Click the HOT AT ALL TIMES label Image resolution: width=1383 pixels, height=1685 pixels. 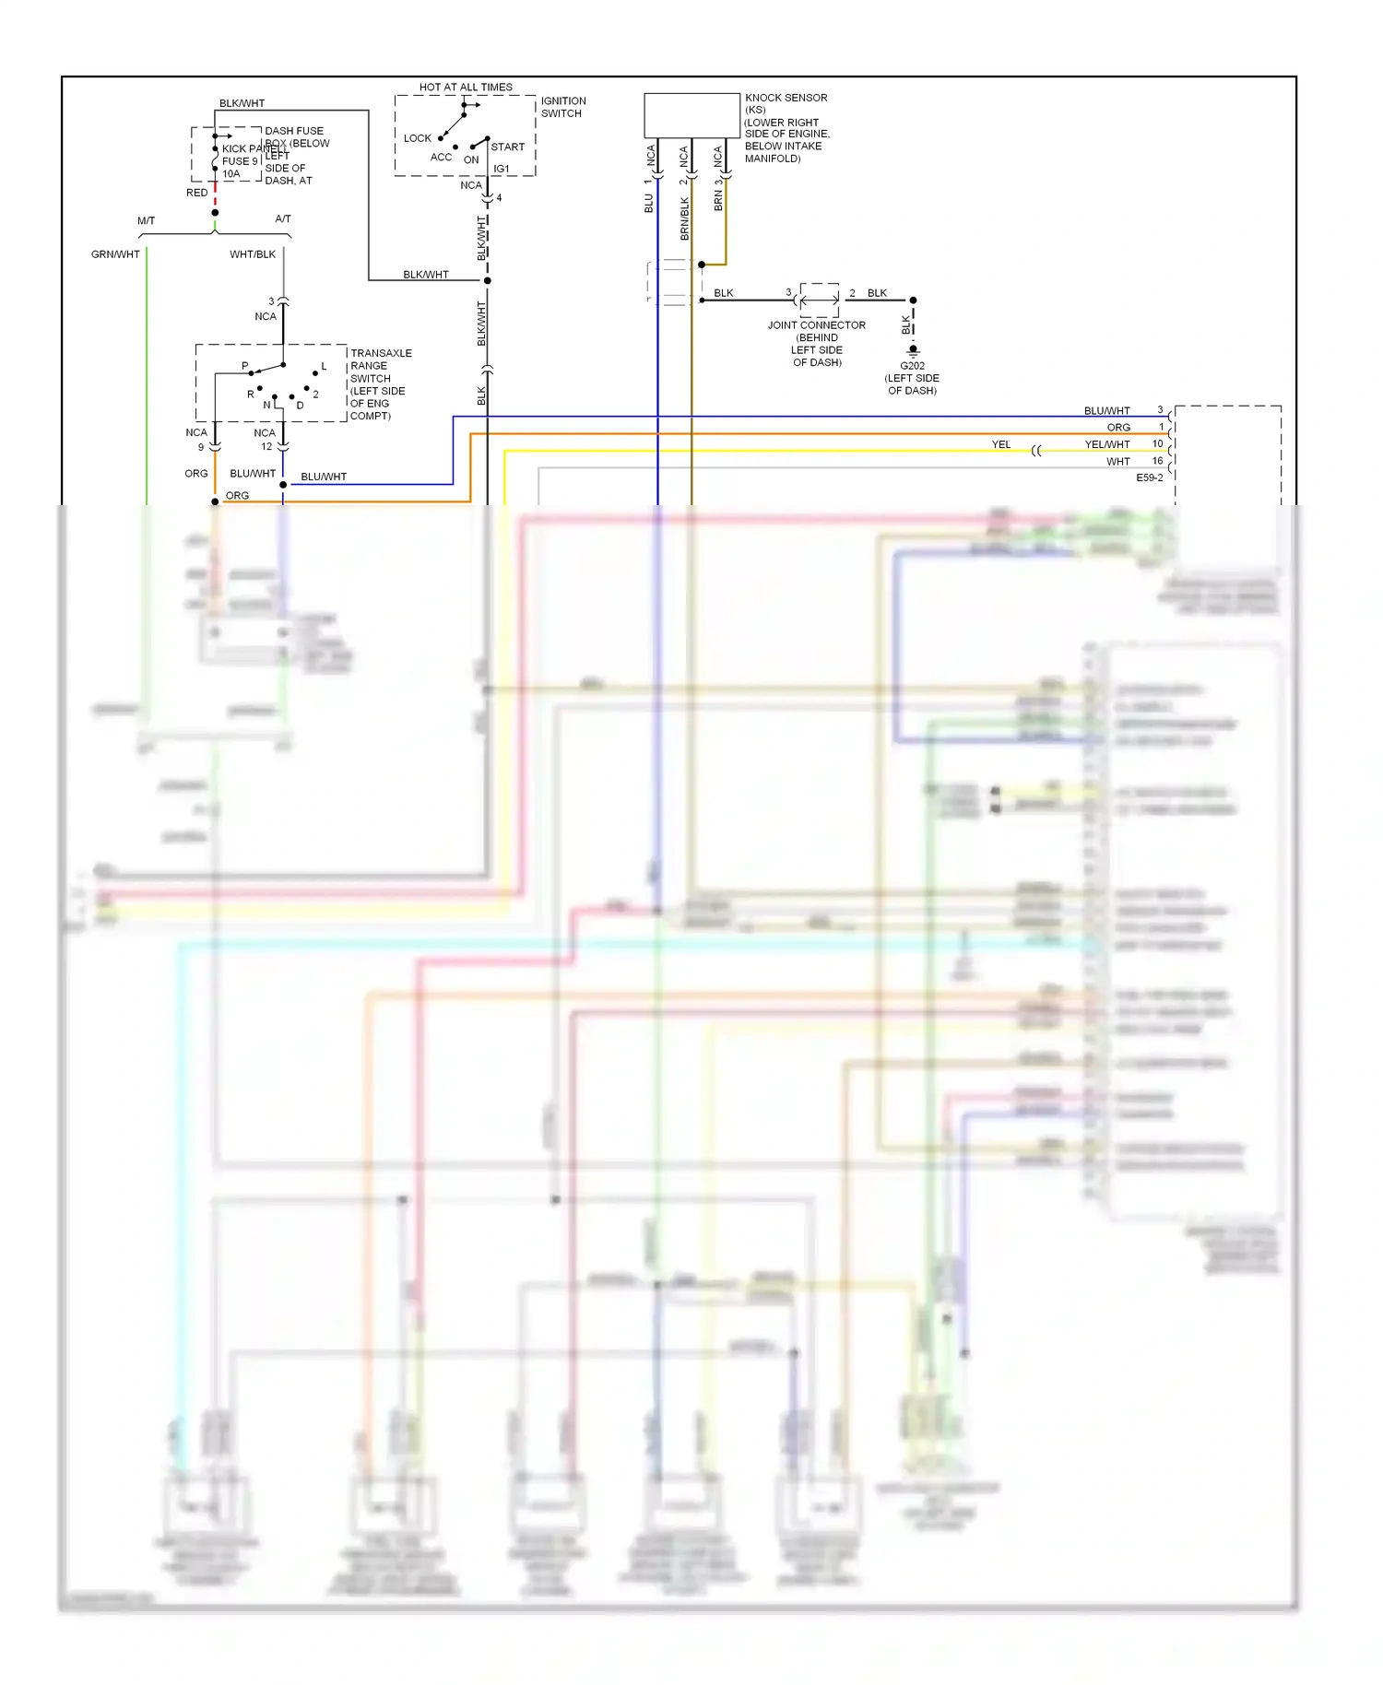tap(466, 88)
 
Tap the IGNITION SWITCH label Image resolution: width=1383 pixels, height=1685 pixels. tap(562, 107)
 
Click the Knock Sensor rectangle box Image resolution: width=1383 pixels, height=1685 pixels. tap(691, 115)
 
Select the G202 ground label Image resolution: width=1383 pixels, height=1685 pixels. tap(912, 366)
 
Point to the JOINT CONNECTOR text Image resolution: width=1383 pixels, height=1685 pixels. tap(816, 325)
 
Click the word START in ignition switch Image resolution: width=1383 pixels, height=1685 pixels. tap(507, 147)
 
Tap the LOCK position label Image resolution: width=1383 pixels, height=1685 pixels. tap(417, 138)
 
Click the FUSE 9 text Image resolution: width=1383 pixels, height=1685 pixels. tap(240, 161)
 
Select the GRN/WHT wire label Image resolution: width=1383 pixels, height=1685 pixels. tap(115, 254)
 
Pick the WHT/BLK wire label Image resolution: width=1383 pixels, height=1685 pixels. tap(253, 254)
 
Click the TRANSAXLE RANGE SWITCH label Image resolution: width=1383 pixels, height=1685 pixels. tap(380, 366)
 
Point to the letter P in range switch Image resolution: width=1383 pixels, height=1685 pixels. tap(245, 366)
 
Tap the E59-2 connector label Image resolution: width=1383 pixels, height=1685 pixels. tap(1149, 478)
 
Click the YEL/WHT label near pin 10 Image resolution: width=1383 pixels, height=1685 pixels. tap(1106, 444)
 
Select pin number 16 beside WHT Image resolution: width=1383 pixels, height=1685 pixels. tap(1157, 461)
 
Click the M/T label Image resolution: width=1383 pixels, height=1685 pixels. tap(146, 221)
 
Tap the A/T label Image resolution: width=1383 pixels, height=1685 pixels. tap(283, 219)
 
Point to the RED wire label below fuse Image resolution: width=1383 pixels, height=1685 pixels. tap(196, 193)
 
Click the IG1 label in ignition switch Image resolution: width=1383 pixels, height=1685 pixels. tap(501, 169)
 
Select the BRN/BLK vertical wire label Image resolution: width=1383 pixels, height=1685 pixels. tap(684, 218)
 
